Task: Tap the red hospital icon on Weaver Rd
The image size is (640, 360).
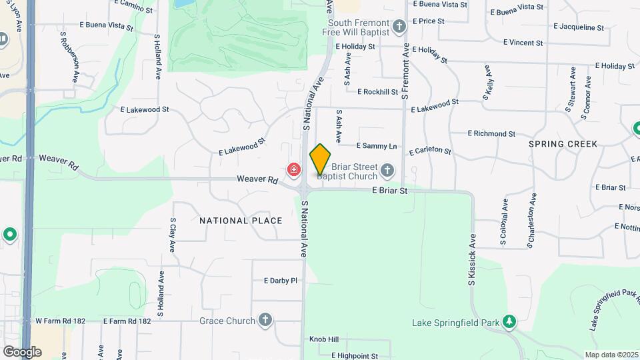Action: pyautogui.click(x=293, y=171)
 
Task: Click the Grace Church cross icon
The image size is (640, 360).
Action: pyautogui.click(x=265, y=321)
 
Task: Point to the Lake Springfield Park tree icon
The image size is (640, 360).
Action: pyautogui.click(x=510, y=323)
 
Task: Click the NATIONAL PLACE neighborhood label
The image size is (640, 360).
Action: pyautogui.click(x=241, y=221)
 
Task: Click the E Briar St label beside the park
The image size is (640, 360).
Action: pyautogui.click(x=389, y=191)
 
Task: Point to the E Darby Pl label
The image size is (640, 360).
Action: pyautogui.click(x=280, y=281)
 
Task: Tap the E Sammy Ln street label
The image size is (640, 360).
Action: pyautogui.click(x=377, y=145)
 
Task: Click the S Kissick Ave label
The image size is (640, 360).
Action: pyautogui.click(x=472, y=260)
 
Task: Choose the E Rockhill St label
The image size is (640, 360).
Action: pyautogui.click(x=377, y=92)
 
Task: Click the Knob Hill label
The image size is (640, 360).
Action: pyautogui.click(x=324, y=339)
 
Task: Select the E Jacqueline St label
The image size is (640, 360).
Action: pyautogui.click(x=578, y=28)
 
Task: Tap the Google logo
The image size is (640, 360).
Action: pyautogui.click(x=22, y=351)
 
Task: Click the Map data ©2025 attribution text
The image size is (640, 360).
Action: pyautogui.click(x=610, y=355)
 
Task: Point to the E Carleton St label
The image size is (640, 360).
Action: pyautogui.click(x=430, y=151)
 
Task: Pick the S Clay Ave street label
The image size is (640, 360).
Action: pyautogui.click(x=172, y=235)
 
